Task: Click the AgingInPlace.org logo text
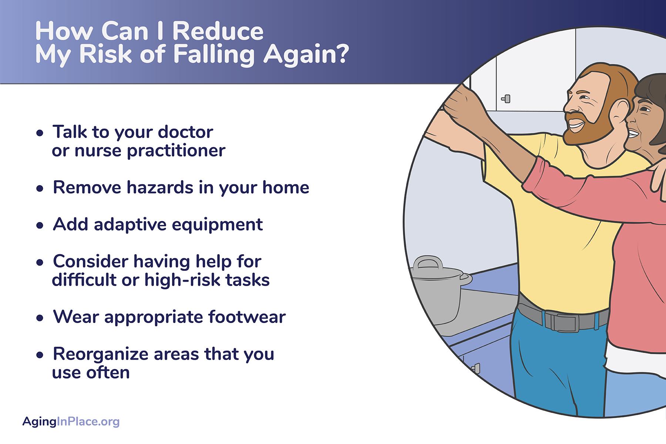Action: tap(71, 421)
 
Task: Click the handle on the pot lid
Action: tap(428, 262)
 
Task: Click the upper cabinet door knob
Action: tap(506, 99)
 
